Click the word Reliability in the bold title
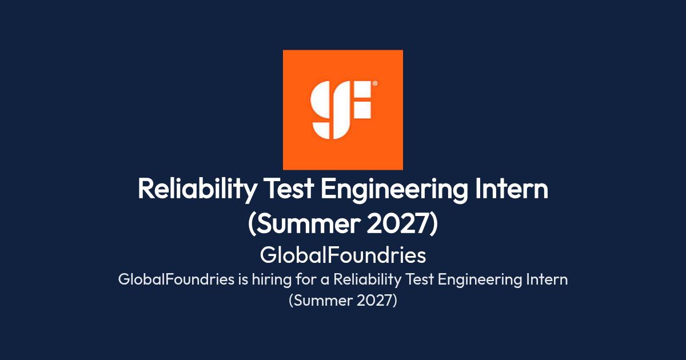click(197, 190)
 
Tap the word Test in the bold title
click(290, 189)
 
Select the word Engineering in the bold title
click(394, 190)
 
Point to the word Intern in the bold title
click(512, 189)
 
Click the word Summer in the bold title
click(307, 224)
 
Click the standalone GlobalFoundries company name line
click(342, 255)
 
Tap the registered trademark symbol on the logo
click(375, 83)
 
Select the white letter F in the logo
click(362, 99)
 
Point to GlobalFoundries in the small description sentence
click(176, 279)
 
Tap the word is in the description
click(243, 279)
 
